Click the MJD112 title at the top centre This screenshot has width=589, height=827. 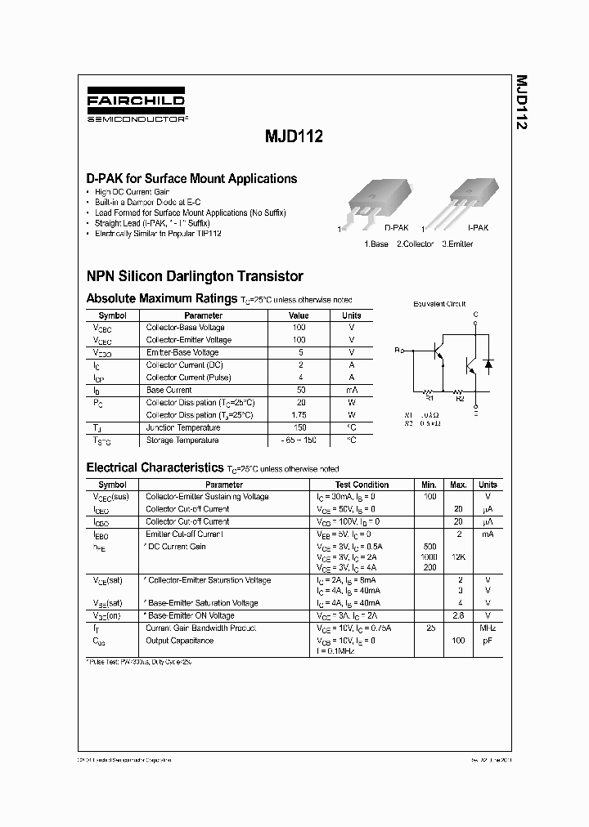(x=294, y=138)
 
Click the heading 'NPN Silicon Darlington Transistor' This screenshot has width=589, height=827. (x=195, y=276)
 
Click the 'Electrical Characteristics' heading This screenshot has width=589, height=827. (x=155, y=467)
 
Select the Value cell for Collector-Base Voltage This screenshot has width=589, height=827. (x=299, y=328)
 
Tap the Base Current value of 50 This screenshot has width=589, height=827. (x=299, y=390)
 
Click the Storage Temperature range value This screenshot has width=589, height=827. (x=299, y=440)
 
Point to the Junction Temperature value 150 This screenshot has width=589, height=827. (x=299, y=427)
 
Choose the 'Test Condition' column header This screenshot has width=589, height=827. (x=362, y=485)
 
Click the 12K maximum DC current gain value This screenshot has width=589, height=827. (x=458, y=556)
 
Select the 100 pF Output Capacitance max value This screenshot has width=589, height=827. (x=458, y=641)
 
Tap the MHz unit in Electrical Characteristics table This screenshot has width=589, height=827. (x=488, y=628)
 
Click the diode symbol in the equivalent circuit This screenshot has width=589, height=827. (x=488, y=362)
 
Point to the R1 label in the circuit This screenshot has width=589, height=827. (x=427, y=399)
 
